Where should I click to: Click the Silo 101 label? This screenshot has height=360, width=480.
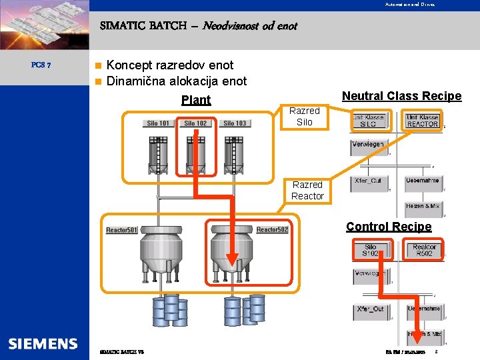coord(158,123)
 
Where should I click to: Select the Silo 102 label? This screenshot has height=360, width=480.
coord(195,123)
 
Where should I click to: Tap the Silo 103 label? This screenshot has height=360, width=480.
coord(234,123)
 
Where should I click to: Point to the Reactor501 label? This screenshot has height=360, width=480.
coord(121,230)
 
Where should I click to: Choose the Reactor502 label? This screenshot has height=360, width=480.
coord(272,230)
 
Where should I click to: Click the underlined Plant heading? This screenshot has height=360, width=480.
coord(196,100)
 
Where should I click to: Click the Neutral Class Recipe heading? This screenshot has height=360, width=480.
coord(401,96)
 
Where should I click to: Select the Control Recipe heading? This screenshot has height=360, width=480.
coord(389,227)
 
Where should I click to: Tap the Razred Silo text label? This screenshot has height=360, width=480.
coord(305,116)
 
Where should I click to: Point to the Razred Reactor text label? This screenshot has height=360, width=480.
coord(307,190)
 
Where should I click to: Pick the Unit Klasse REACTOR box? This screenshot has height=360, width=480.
coord(422,121)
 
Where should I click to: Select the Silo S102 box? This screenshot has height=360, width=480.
coord(370,250)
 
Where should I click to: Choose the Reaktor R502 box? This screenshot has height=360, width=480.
coord(423,250)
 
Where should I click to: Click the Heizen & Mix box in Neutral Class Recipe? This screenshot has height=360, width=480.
coord(422,206)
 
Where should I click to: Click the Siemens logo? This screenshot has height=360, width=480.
coord(43,344)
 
